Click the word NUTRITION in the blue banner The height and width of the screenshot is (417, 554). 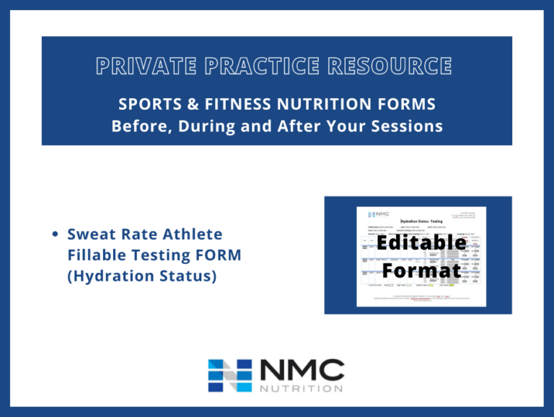316,104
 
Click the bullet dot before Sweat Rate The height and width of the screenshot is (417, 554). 56,234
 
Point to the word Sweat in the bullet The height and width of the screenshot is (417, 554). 89,234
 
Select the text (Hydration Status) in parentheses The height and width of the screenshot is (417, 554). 142,276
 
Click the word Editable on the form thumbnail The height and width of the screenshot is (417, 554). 421,242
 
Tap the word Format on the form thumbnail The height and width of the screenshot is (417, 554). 421,271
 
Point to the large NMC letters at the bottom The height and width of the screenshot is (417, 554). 302,369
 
